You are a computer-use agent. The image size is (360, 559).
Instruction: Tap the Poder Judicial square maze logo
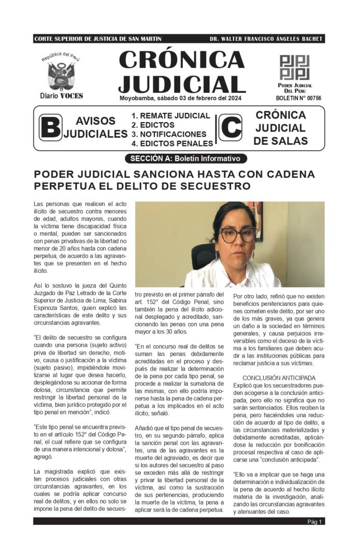click(x=294, y=67)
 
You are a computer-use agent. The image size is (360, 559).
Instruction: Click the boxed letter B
click(x=50, y=127)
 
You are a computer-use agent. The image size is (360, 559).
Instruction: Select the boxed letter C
click(x=230, y=127)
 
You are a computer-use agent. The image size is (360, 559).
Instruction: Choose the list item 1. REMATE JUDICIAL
click(x=170, y=116)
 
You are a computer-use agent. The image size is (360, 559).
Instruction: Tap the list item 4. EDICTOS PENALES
click(x=172, y=143)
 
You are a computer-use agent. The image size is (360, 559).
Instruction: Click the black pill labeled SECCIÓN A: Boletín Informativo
click(x=186, y=158)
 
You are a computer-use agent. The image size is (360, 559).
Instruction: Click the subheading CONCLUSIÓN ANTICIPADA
click(x=278, y=378)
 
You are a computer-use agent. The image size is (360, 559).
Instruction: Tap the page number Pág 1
click(x=315, y=521)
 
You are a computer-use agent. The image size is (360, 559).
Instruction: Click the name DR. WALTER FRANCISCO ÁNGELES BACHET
click(x=266, y=39)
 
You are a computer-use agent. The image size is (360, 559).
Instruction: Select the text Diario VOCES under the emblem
click(x=61, y=96)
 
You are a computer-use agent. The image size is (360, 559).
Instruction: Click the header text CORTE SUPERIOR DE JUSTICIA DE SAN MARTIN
click(x=97, y=39)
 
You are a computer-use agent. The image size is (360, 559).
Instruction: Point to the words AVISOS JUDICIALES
click(x=95, y=127)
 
